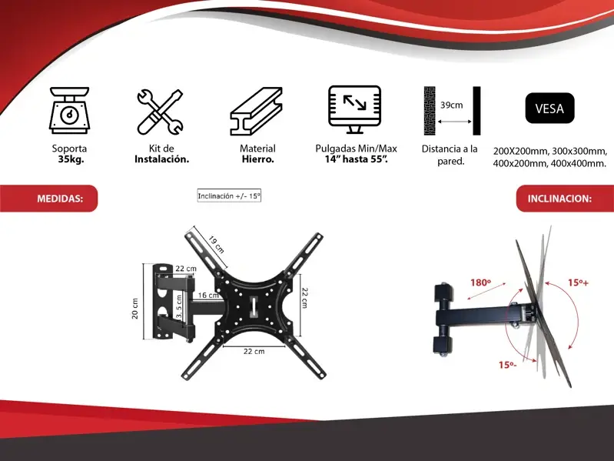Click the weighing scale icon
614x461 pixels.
pos(69,110)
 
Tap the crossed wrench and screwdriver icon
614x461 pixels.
pos(160,112)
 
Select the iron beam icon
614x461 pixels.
pos(256,111)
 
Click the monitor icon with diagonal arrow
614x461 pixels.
pos(354,109)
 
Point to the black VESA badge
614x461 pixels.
pos(549,109)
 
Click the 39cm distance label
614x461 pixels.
pos(452,105)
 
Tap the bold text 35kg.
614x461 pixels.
pos(71,159)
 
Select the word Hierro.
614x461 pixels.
pos(257,159)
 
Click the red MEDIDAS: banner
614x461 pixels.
pos(48,199)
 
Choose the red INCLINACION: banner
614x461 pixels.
pos(565,199)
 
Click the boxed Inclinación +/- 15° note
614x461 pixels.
pos(229,196)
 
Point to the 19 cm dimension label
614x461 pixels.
pos(216,244)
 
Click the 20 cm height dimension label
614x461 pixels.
pos(134,309)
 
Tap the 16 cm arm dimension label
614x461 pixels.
pos(208,296)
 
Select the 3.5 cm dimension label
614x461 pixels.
pos(179,308)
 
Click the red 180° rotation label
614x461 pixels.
pos(480,282)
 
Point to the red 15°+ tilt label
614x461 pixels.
pos(579,282)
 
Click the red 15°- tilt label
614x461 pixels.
pos(507,365)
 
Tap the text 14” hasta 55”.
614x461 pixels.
pos(356,159)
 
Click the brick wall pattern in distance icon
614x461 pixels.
pos(429,111)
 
